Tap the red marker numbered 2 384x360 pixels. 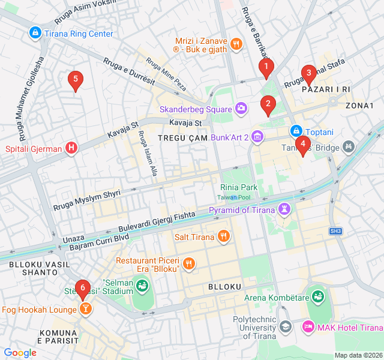click(268, 104)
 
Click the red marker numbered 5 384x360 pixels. click(74, 79)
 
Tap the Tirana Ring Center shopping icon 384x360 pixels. click(35, 33)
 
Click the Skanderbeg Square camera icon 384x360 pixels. click(241, 109)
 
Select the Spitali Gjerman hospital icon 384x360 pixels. click(71, 148)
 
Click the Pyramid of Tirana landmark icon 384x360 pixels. click(284, 209)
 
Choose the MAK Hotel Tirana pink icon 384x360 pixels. click(308, 327)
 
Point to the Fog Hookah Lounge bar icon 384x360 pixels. click(86, 310)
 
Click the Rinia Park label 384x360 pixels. click(239, 187)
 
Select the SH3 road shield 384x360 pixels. click(336, 231)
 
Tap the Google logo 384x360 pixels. click(20, 353)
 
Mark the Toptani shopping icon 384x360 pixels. click(296, 131)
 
